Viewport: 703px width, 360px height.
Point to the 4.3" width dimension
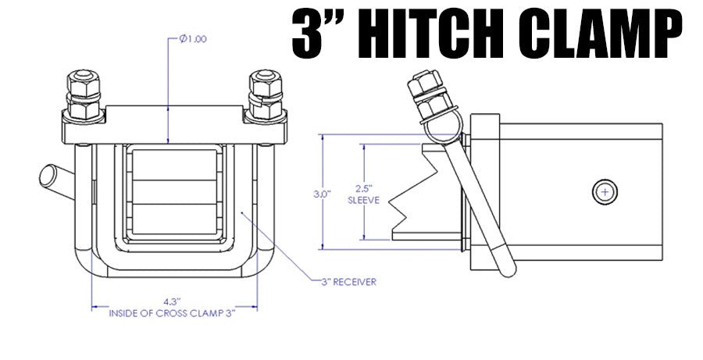172,300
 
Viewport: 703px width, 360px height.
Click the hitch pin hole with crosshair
607,191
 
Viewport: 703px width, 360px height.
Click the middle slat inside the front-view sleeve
172,191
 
